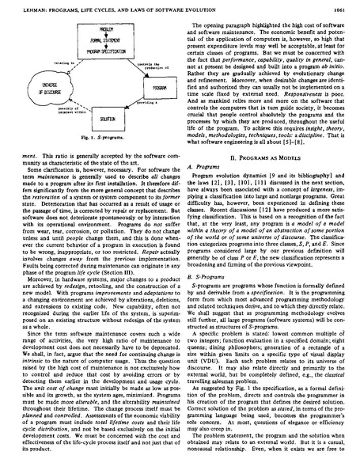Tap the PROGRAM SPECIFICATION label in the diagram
(x=89, y=49)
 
